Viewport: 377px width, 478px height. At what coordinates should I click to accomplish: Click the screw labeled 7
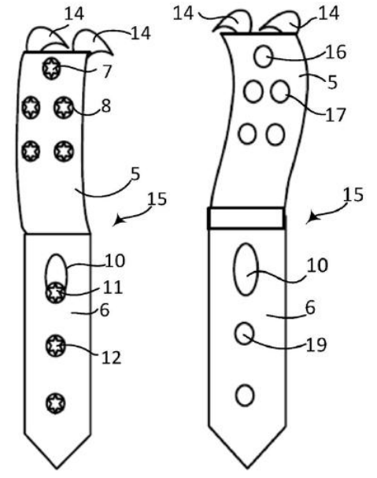51,69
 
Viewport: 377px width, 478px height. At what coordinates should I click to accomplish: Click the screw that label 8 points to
64,107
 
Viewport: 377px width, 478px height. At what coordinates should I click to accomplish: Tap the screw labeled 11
55,293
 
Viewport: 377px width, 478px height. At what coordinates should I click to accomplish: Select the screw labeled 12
55,346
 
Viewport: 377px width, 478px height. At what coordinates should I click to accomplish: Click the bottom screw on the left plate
55,403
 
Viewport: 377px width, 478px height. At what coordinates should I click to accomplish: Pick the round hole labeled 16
263,57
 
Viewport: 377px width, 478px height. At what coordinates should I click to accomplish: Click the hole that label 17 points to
279,91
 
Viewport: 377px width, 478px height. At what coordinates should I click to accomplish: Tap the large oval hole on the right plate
246,269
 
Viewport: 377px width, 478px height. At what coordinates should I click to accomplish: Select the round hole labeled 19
245,334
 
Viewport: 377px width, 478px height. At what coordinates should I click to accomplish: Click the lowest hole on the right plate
245,395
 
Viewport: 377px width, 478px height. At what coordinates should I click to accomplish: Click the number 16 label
336,52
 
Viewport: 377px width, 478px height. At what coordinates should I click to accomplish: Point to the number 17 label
335,115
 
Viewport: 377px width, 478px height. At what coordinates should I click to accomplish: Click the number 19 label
316,345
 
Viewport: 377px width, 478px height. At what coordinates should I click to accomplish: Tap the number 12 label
111,358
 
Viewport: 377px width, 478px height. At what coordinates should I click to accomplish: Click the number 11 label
113,287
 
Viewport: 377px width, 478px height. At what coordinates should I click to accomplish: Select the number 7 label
106,72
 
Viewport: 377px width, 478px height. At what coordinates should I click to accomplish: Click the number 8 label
105,106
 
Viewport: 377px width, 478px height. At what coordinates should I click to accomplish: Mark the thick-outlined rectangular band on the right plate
246,217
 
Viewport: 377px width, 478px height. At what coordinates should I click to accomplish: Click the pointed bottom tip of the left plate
57,469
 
